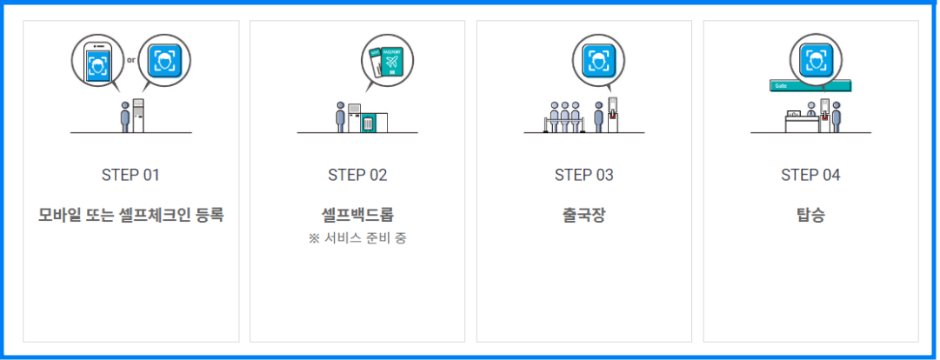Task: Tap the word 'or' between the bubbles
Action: pos(131,60)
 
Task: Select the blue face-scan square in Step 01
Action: pos(163,60)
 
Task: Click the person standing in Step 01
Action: pos(125,117)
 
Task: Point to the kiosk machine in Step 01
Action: pos(138,116)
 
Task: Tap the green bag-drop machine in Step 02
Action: pos(369,122)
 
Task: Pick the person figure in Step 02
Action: pos(341,117)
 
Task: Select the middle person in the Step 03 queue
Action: pos(565,117)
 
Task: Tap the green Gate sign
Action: pos(810,86)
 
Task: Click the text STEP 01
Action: pos(130,175)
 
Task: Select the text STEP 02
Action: pos(357,175)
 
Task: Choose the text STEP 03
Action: pos(583,175)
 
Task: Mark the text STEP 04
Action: pos(810,175)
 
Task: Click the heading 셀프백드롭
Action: pos(357,214)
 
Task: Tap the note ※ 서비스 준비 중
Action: pos(357,238)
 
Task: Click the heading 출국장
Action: pos(583,214)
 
